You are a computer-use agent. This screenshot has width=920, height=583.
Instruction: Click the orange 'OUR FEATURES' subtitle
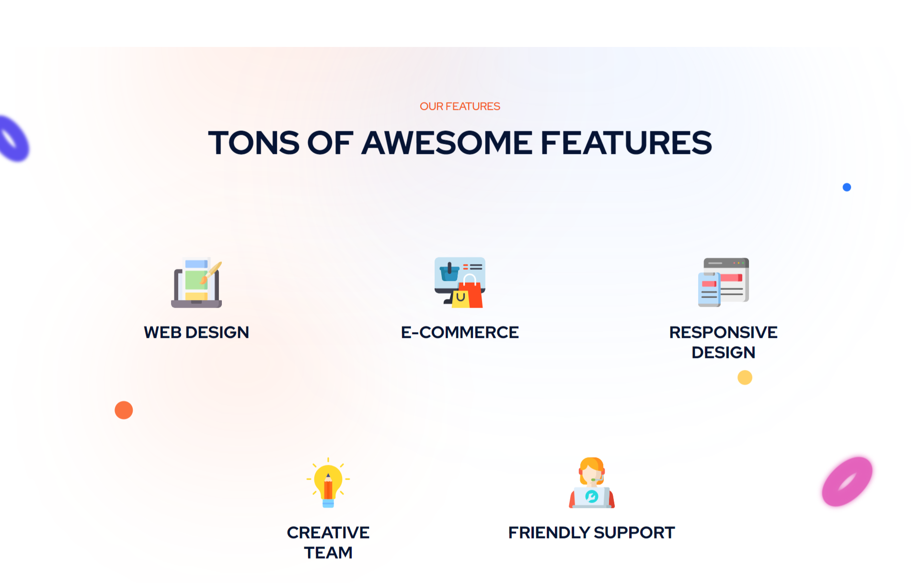pyautogui.click(x=460, y=106)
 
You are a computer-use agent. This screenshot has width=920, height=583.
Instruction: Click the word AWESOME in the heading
pyautogui.click(x=447, y=143)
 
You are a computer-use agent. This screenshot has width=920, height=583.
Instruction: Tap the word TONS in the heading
pyautogui.click(x=254, y=143)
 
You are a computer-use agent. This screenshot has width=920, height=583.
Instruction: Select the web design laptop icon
pyautogui.click(x=196, y=283)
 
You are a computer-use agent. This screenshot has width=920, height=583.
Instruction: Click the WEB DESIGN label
pyautogui.click(x=196, y=332)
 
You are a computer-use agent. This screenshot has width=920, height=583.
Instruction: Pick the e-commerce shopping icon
pyautogui.click(x=460, y=283)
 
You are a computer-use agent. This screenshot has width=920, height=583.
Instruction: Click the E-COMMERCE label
pyautogui.click(x=460, y=332)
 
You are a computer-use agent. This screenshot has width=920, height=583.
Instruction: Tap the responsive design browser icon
pyautogui.click(x=724, y=283)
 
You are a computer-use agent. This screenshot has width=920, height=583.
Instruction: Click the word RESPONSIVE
pyautogui.click(x=724, y=332)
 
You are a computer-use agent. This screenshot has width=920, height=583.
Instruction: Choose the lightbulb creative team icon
pyautogui.click(x=328, y=482)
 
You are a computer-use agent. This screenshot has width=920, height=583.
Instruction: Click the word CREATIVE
pyautogui.click(x=328, y=533)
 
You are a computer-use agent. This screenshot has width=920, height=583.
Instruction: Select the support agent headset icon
pyautogui.click(x=592, y=482)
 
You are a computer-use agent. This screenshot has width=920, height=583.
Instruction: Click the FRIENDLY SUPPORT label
pyautogui.click(x=592, y=533)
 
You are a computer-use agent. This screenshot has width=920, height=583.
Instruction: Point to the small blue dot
pyautogui.click(x=847, y=187)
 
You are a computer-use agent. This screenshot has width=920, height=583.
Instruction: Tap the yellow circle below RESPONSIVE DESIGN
pyautogui.click(x=745, y=377)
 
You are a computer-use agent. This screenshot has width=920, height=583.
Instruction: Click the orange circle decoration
pyautogui.click(x=124, y=410)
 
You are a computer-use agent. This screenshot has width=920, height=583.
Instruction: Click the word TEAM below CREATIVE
pyautogui.click(x=328, y=553)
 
